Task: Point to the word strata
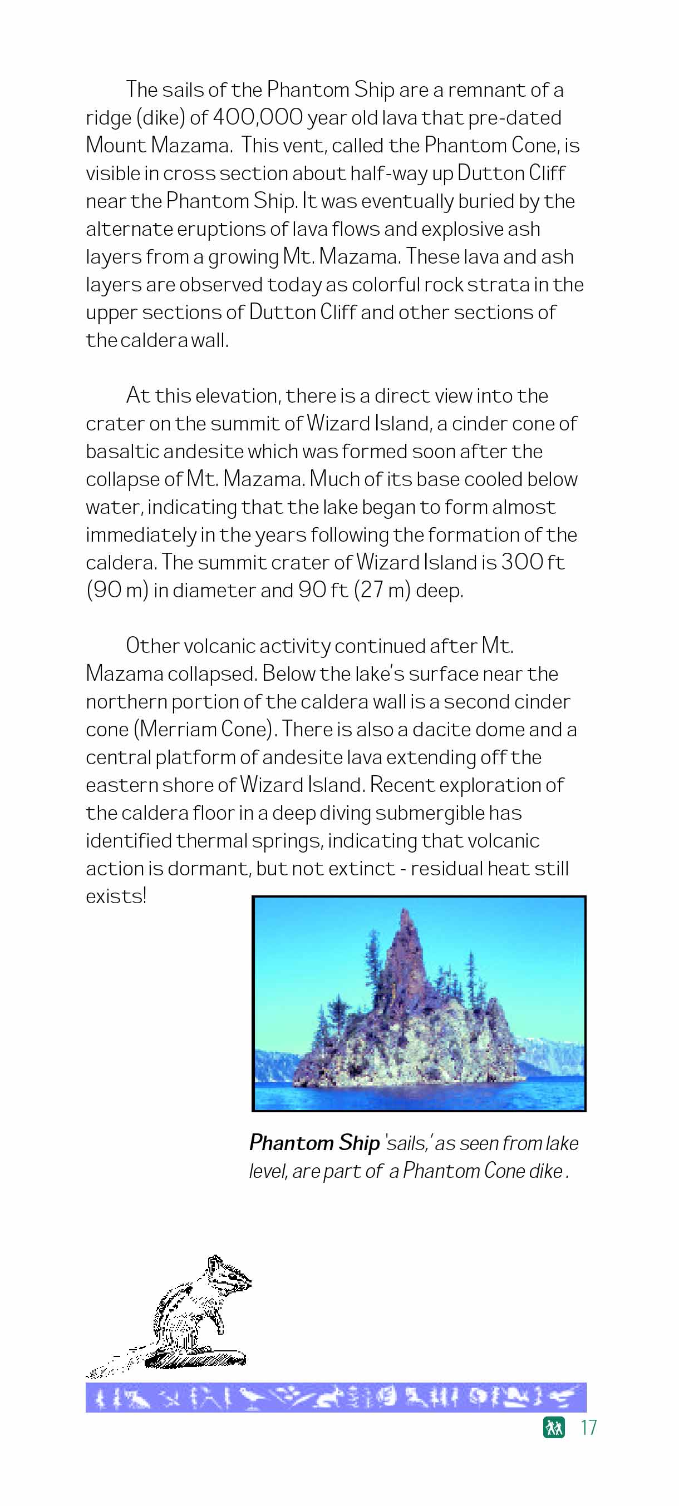498,285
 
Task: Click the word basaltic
122,452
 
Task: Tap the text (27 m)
382,591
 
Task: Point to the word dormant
210,869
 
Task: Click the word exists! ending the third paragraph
116,896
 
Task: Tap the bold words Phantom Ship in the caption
314,1142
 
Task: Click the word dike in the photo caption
545,1171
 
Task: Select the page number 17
588,1428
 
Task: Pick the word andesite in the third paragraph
302,757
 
